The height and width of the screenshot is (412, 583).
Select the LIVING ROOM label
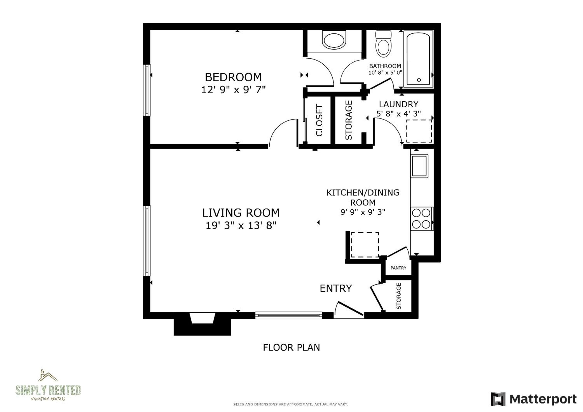(241, 213)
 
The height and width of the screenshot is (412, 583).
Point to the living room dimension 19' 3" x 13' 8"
(241, 225)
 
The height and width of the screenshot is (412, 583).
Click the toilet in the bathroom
(383, 44)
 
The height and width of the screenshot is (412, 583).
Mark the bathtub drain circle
(419, 80)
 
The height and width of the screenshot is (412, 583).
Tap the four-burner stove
(421, 219)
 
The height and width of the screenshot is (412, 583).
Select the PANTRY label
(398, 268)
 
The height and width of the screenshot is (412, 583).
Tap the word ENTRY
(336, 288)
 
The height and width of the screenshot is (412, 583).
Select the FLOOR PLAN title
(291, 348)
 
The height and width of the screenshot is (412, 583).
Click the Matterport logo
(533, 399)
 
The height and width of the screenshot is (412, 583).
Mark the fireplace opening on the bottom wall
(202, 318)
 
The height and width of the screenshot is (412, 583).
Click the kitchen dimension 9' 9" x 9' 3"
(363, 212)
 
